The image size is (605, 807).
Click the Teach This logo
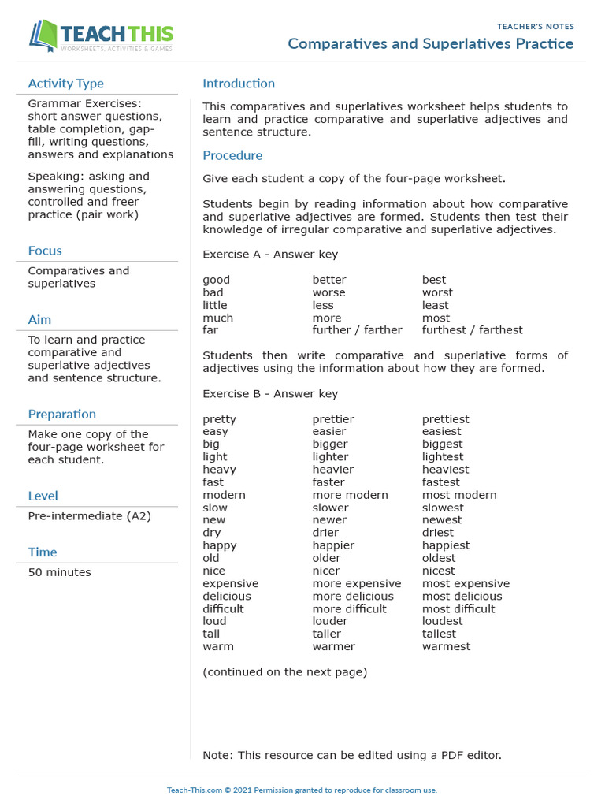pyautogui.click(x=101, y=36)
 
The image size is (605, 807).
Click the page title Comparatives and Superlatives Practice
pyautogui.click(x=430, y=43)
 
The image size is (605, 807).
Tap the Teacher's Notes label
pyautogui.click(x=535, y=26)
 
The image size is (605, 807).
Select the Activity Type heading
pyautogui.click(x=65, y=84)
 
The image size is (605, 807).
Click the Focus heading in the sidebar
pyautogui.click(x=45, y=251)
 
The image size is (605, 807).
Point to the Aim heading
pyautogui.click(x=39, y=319)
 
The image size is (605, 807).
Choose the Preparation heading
pyautogui.click(x=61, y=414)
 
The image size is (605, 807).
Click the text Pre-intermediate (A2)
pyautogui.click(x=89, y=516)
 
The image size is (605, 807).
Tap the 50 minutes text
pyautogui.click(x=59, y=572)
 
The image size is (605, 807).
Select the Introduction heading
pyautogui.click(x=239, y=84)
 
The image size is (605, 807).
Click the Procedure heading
pyautogui.click(x=232, y=155)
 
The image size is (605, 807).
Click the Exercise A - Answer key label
pyautogui.click(x=270, y=255)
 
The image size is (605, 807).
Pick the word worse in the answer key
pyautogui.click(x=328, y=292)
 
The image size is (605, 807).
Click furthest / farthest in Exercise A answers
pyautogui.click(x=472, y=330)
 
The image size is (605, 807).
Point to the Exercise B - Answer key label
pyautogui.click(x=270, y=394)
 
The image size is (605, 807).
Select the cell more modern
pyautogui.click(x=350, y=495)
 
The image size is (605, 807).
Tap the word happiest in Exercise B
pyautogui.click(x=445, y=545)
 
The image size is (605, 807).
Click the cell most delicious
pyautogui.click(x=462, y=596)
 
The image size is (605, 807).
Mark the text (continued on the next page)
pyautogui.click(x=284, y=672)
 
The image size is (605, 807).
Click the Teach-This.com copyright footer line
pyautogui.click(x=302, y=790)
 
